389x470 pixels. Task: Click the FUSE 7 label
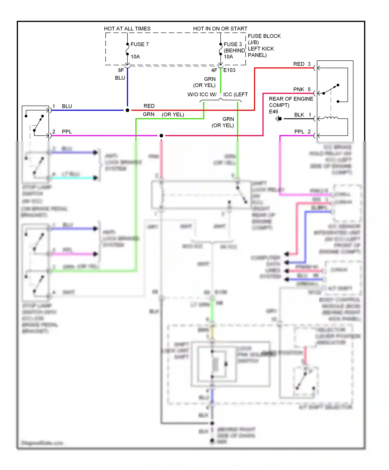[x=140, y=44]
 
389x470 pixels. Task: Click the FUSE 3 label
[x=233, y=44]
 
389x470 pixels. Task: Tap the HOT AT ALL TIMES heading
[x=127, y=29]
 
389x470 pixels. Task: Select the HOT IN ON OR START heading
[x=220, y=29]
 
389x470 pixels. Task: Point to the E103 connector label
[x=229, y=70]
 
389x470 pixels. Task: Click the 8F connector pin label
[x=121, y=70]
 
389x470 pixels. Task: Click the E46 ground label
[x=273, y=111]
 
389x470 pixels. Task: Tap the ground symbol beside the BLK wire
[x=279, y=119]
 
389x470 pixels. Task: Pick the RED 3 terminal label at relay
[x=302, y=64]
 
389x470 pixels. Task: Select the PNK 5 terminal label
[x=302, y=89]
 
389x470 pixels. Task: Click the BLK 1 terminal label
[x=302, y=115]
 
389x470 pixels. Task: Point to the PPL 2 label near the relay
[x=302, y=132]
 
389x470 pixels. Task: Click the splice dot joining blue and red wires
[x=127, y=110]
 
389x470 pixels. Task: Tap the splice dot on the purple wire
[x=161, y=136]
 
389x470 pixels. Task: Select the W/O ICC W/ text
[x=202, y=95]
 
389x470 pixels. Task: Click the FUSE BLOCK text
[x=264, y=36]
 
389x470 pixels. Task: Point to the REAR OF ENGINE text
[x=291, y=99]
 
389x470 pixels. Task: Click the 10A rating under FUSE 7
[x=135, y=56]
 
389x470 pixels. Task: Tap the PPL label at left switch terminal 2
[x=67, y=132]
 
